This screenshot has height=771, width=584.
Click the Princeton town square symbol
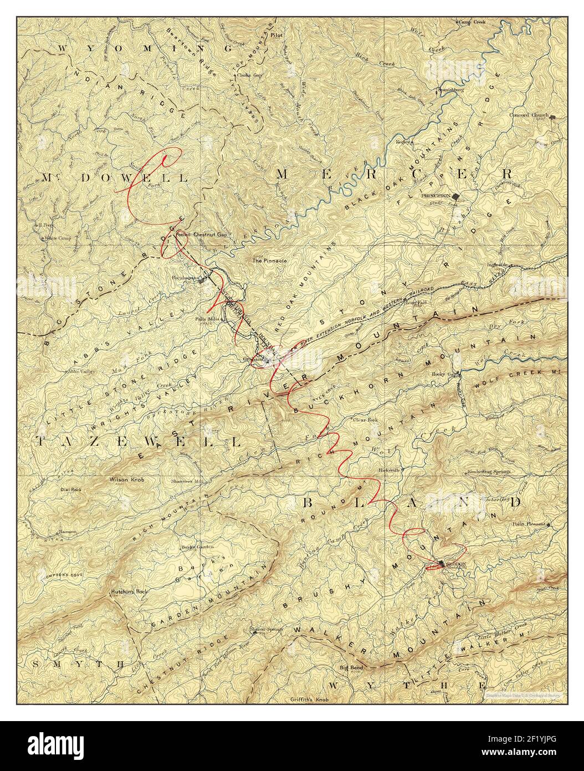coord(456,196)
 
